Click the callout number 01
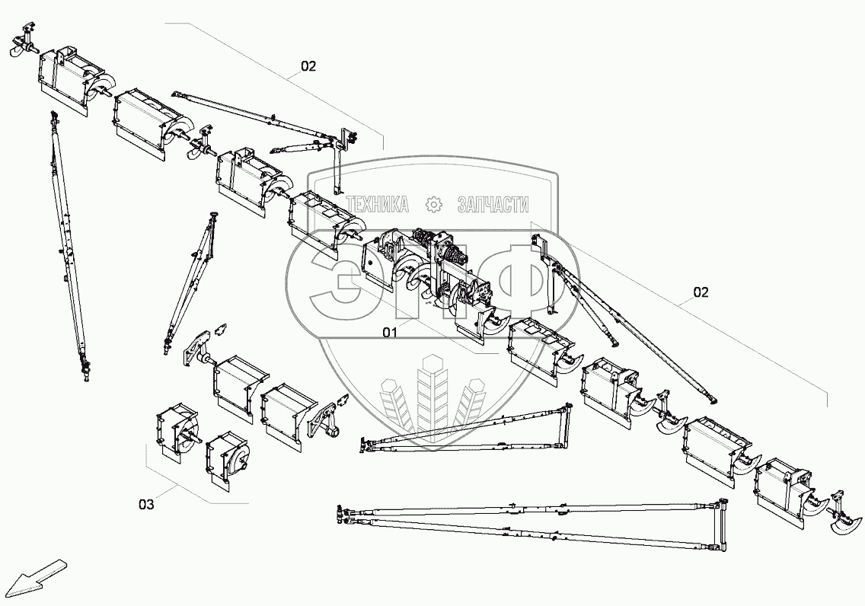(x=390, y=332)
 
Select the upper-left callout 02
(x=308, y=66)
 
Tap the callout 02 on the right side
(x=701, y=292)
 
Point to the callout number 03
(x=146, y=504)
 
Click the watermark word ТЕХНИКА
(x=378, y=204)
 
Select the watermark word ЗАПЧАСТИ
(x=493, y=204)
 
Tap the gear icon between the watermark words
(x=433, y=204)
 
